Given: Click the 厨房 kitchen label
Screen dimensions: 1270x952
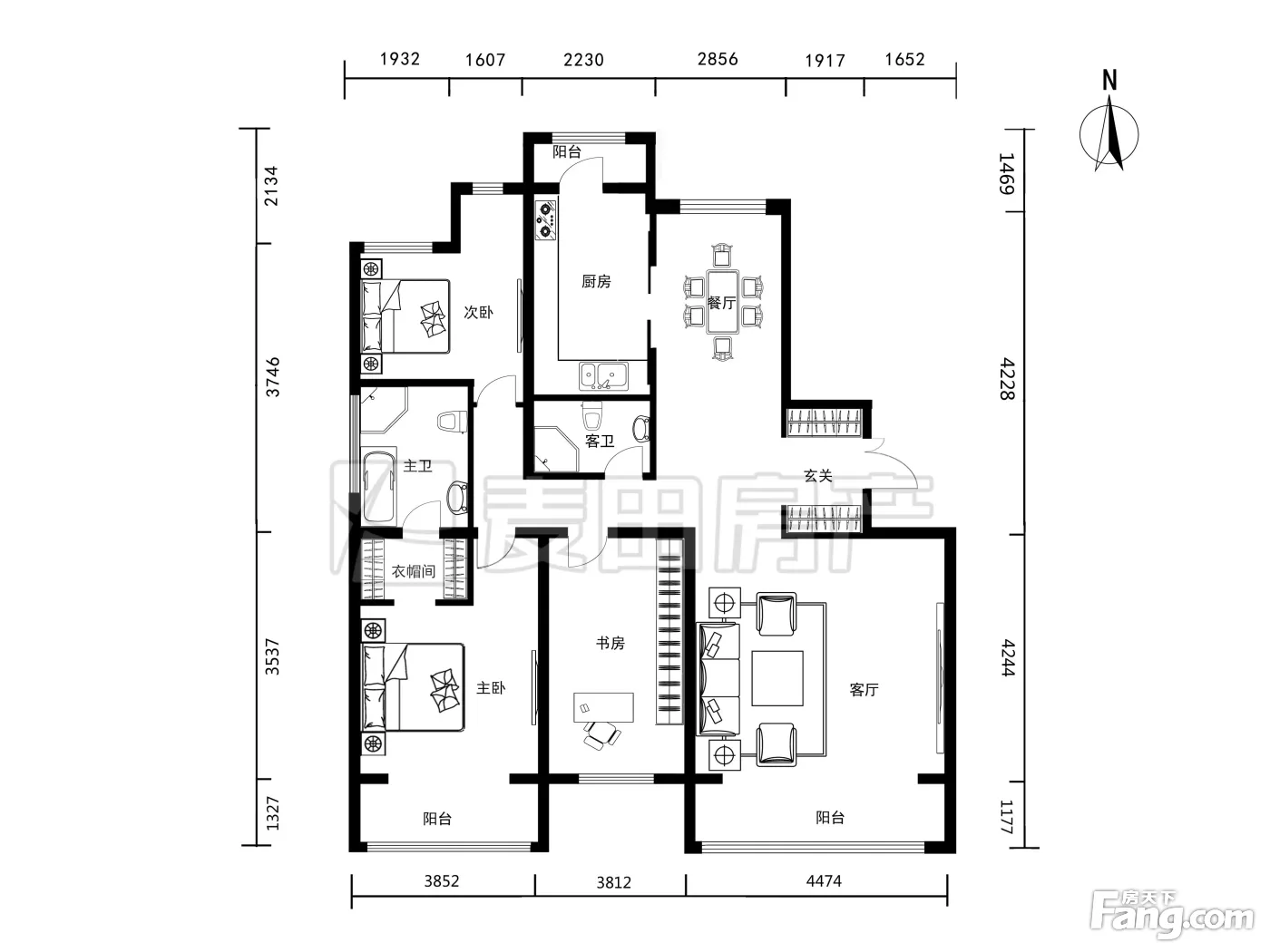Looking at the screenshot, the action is (596, 281).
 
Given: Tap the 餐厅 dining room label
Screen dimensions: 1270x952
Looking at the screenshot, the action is (721, 303).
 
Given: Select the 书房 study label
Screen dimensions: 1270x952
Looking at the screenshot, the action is (611, 643).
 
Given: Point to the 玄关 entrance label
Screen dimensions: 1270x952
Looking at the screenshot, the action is (818, 476).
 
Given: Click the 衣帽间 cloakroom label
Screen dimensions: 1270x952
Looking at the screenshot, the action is (413, 572).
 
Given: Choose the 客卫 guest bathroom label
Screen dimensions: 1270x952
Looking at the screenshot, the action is (599, 441).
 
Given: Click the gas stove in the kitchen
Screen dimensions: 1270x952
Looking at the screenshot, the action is (545, 219).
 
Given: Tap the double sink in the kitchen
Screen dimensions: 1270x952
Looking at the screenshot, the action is (603, 375).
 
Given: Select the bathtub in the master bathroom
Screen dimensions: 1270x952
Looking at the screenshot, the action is (379, 486).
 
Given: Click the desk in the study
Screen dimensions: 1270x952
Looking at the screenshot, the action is (603, 707).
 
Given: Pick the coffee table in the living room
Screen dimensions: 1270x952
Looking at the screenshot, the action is (777, 678).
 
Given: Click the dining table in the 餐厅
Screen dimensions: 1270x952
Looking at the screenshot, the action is (722, 301).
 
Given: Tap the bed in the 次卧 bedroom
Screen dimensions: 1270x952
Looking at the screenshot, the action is (405, 316).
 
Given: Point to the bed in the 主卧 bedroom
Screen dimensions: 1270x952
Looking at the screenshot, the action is (413, 687).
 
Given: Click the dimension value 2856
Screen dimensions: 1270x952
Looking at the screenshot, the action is (718, 59).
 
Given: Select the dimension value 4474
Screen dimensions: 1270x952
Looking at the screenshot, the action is (824, 881).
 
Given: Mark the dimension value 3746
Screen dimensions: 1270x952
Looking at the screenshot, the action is (272, 377).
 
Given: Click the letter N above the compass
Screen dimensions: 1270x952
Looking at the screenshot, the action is (1109, 81).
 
